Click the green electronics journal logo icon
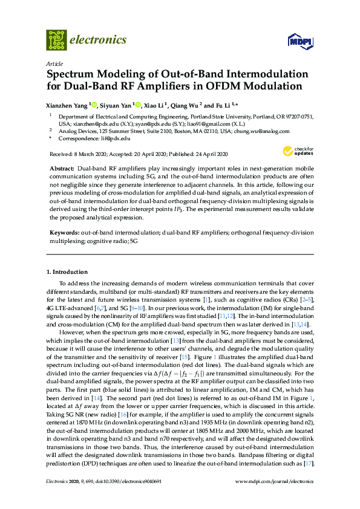[x=56, y=40]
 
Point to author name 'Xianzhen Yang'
[x=67, y=104]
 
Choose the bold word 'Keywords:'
[x=63, y=232]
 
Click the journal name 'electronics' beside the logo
[x=98, y=40]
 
